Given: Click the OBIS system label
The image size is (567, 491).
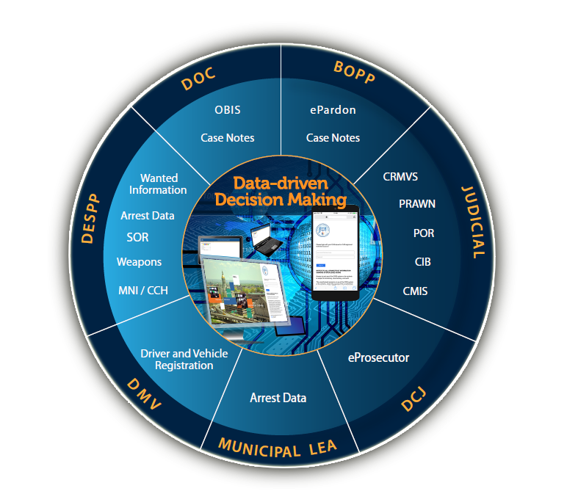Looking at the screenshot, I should (x=228, y=110).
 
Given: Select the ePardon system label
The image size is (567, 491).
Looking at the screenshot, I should (x=333, y=110).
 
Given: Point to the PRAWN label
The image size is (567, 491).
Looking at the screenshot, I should (x=417, y=203).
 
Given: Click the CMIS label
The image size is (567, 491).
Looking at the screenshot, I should (x=415, y=291).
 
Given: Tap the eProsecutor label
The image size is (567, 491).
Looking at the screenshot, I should (x=378, y=358).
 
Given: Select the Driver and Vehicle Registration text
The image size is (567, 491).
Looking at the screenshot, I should (x=184, y=360).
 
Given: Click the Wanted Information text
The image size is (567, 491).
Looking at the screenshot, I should (x=158, y=184).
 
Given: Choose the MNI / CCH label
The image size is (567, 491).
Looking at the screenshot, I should (x=142, y=290).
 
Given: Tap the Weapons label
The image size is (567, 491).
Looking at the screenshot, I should (x=139, y=261).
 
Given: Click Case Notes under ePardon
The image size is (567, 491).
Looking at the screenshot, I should (x=333, y=137).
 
